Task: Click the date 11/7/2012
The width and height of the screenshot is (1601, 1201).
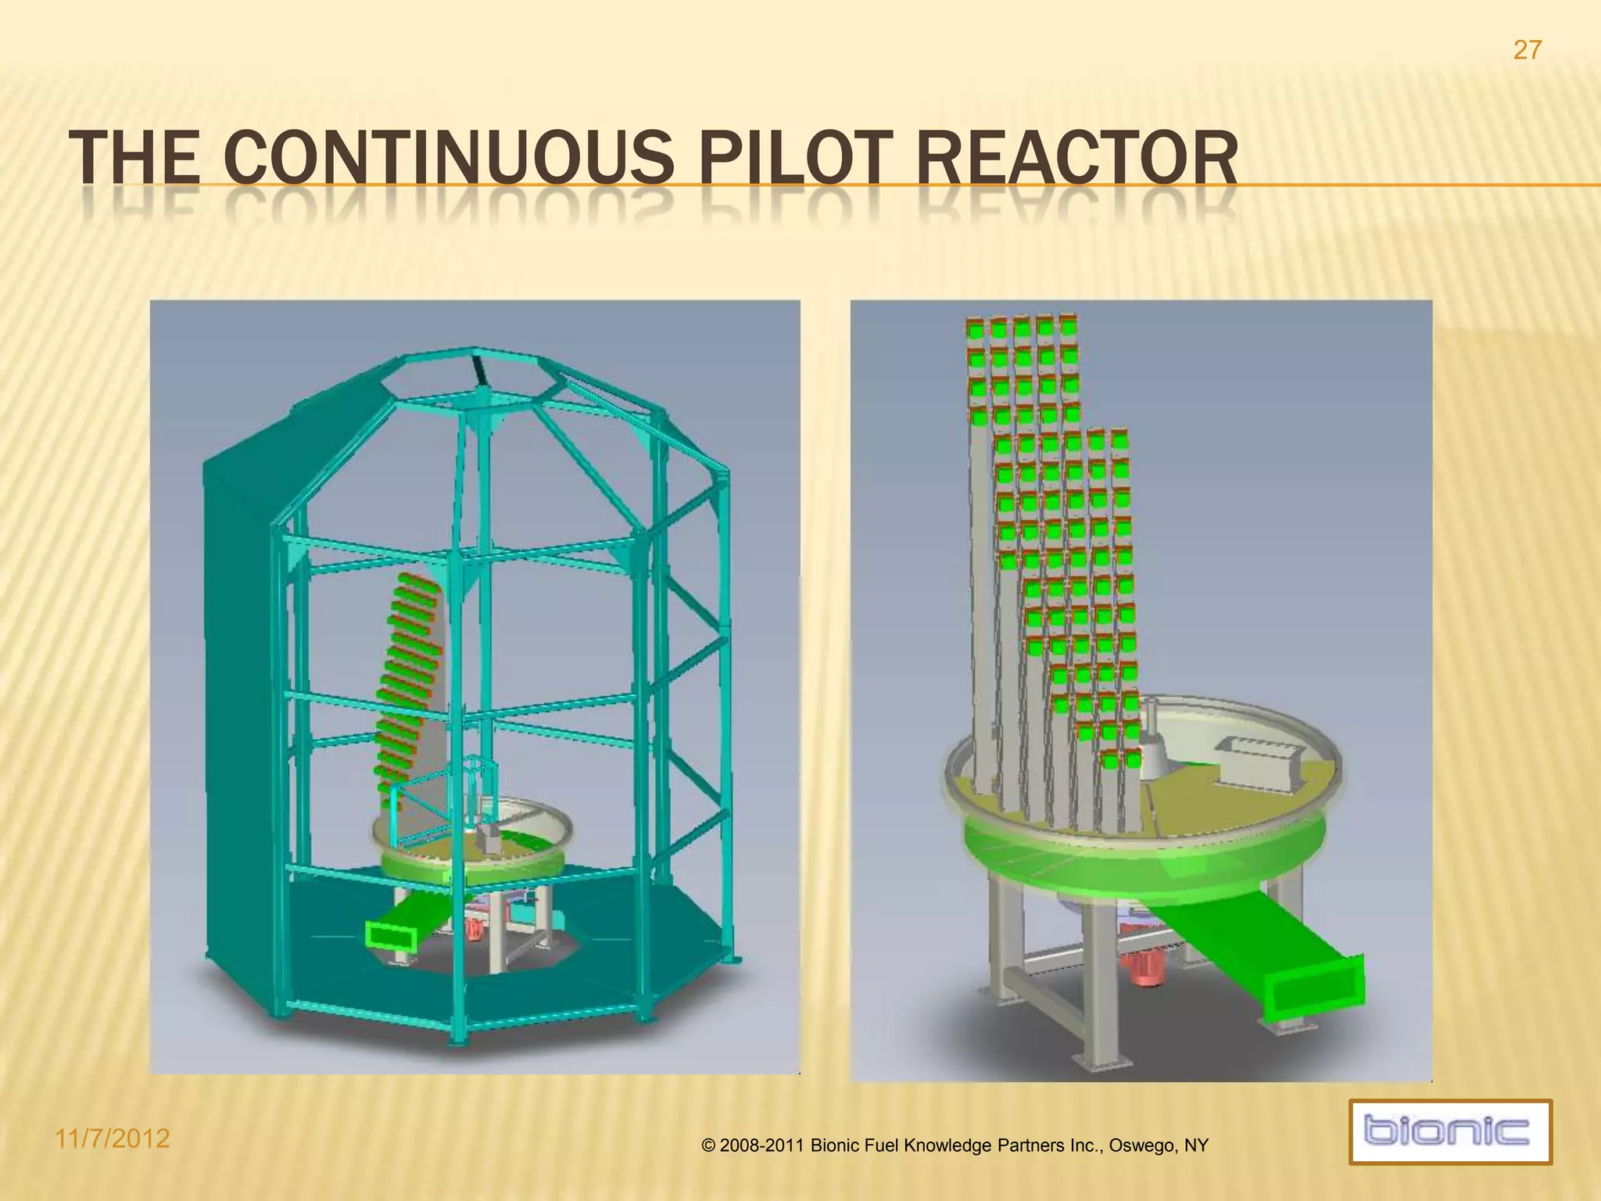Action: (113, 1138)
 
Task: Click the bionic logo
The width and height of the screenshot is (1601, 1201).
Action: (1450, 1131)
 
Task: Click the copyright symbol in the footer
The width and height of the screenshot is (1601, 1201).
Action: (709, 1146)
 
